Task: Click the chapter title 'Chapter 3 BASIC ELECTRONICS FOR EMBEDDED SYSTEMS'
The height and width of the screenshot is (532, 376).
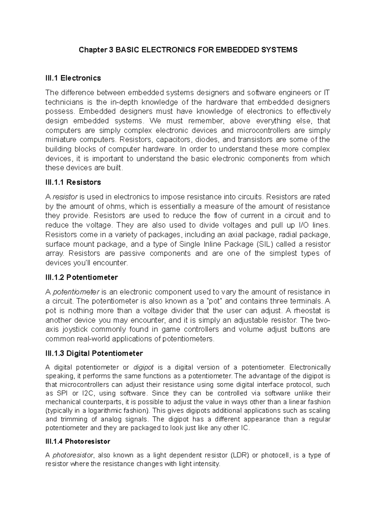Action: coord(188,50)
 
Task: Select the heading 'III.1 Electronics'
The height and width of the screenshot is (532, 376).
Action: coord(73,78)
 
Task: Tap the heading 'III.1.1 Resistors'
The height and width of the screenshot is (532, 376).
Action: coord(73,182)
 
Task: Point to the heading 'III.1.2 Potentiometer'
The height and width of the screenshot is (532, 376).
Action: coord(81,277)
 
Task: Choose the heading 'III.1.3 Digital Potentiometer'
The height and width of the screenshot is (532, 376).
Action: coord(94,353)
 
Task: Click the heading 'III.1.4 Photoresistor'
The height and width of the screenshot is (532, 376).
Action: coord(78,441)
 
